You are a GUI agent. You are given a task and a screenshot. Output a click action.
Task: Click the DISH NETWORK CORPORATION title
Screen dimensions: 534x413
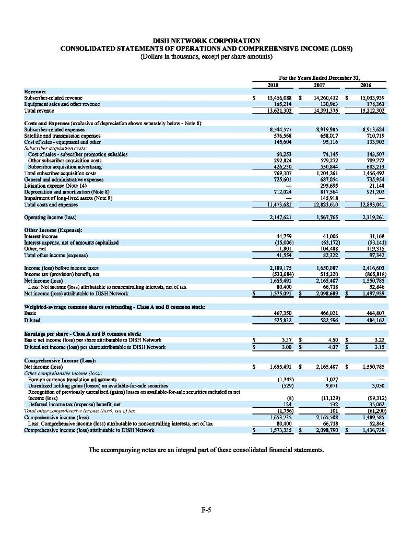coord(206,40)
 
